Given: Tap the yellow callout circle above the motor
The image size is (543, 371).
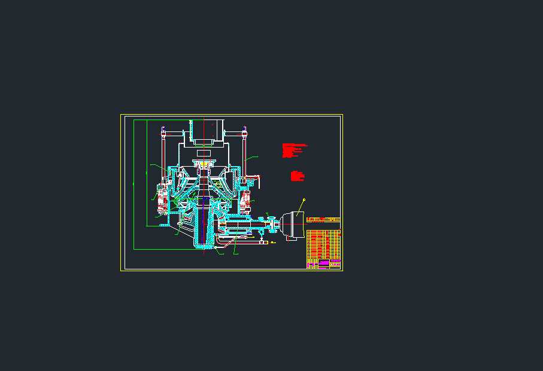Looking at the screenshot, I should point(304,200).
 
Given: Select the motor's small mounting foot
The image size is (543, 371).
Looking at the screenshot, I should point(292,240).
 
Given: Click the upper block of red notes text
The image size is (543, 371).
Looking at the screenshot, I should point(293,150).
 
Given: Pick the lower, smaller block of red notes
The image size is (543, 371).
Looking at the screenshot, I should point(298,176).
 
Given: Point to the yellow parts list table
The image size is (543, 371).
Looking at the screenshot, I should point(323,244).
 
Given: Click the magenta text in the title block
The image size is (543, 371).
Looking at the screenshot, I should point(324,262).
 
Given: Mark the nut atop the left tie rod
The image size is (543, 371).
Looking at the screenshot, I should point(163,128).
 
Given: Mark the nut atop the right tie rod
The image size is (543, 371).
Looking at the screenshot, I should point(244,128).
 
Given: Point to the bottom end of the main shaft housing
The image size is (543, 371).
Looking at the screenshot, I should point(204,245).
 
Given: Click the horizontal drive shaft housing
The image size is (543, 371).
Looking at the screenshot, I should point(239,226).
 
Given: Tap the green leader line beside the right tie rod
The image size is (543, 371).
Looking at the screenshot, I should point(251,158).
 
